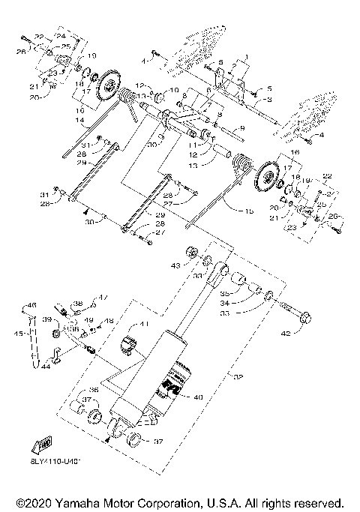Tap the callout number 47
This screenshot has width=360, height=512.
[103, 298]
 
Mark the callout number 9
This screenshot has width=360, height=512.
[241, 128]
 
